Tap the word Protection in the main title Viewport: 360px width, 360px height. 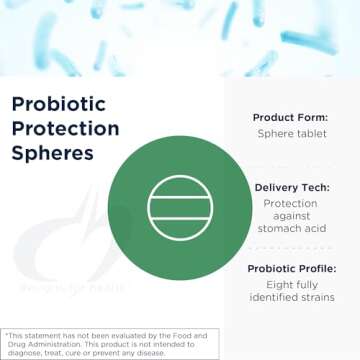65,129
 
